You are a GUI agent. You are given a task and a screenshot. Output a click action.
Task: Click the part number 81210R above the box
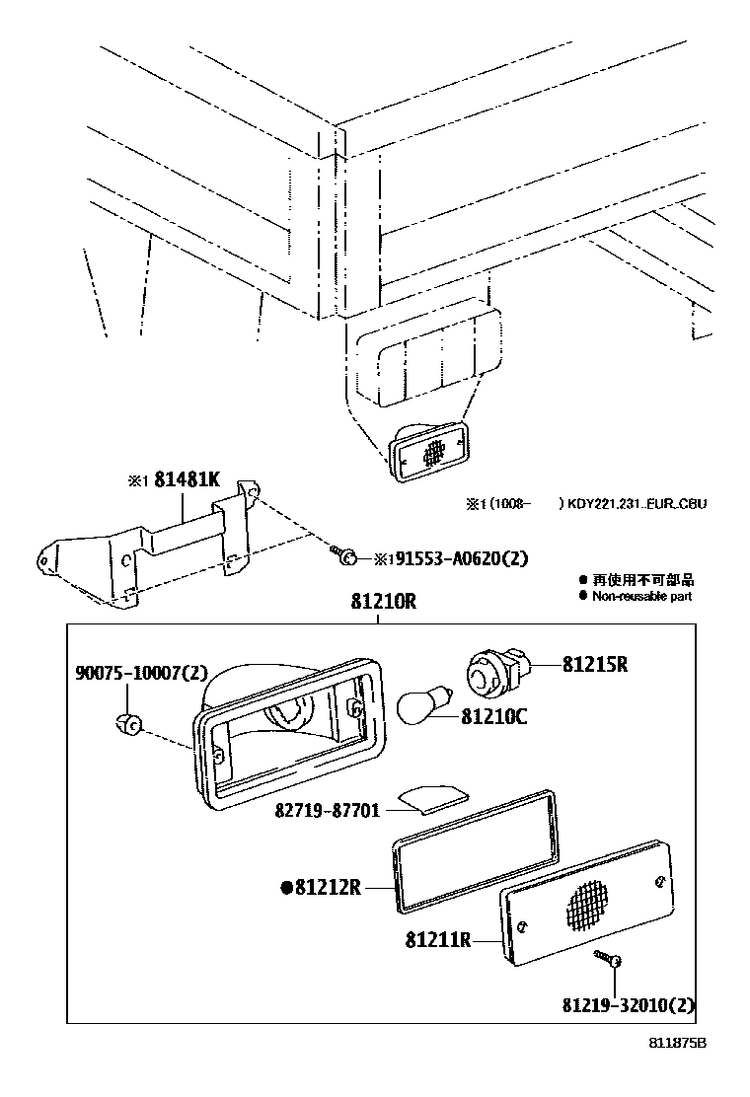[x=382, y=601]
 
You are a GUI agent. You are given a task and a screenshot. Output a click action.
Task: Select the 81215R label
[x=595, y=664]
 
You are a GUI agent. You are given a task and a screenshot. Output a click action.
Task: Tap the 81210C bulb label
[x=493, y=716]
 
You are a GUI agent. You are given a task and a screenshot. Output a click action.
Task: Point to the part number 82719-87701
[x=328, y=810]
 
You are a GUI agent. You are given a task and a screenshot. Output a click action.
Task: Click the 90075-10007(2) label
[x=142, y=673]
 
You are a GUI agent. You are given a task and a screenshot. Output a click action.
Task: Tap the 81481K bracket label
[x=187, y=481]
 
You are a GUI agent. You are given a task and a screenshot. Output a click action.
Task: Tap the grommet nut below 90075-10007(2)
[x=126, y=724]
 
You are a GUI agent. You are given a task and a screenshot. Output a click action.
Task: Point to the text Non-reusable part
[x=641, y=596]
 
